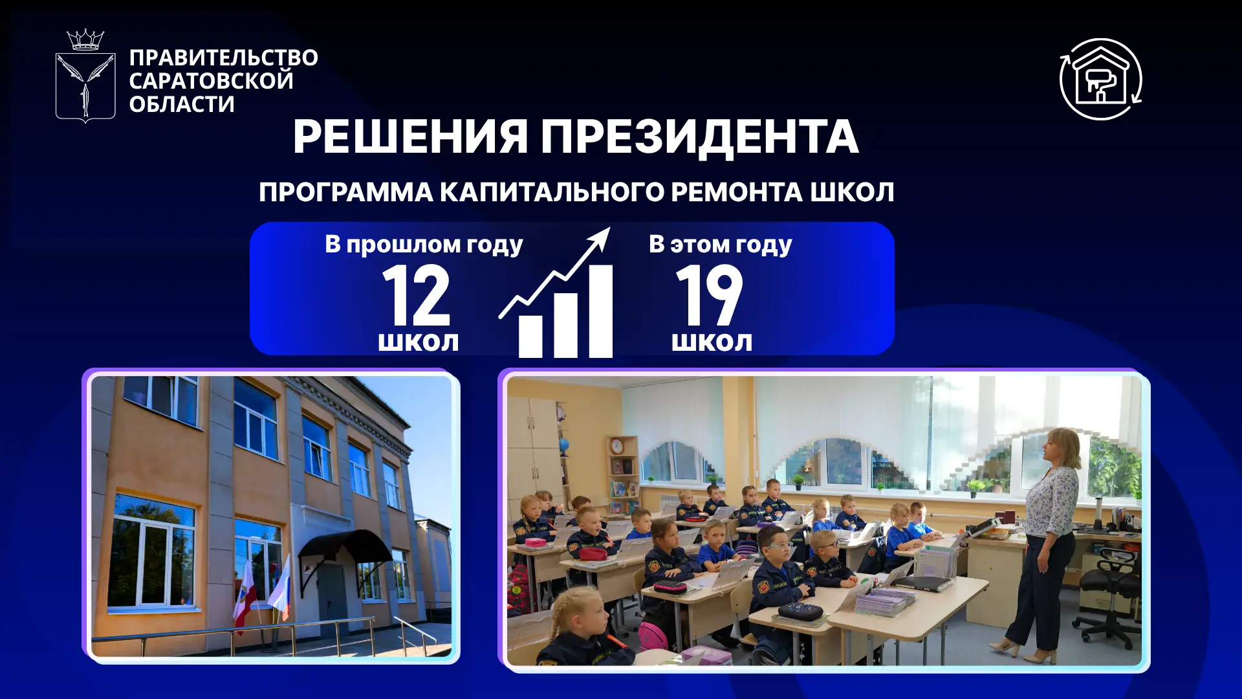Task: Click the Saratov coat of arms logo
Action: (85, 76)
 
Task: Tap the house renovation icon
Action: (1100, 79)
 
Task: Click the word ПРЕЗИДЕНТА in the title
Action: (699, 137)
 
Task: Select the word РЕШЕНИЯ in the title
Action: (410, 137)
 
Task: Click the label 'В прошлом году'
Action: (424, 245)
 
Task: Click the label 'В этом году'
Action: (720, 245)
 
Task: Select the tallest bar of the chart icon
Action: (600, 311)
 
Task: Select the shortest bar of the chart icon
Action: (530, 337)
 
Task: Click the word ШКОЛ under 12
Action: (419, 342)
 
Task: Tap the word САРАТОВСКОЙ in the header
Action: (211, 81)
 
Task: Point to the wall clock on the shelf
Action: (616, 446)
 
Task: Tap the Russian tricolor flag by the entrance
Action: (279, 589)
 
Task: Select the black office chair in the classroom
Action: (1107, 595)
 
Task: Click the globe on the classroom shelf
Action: (564, 445)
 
